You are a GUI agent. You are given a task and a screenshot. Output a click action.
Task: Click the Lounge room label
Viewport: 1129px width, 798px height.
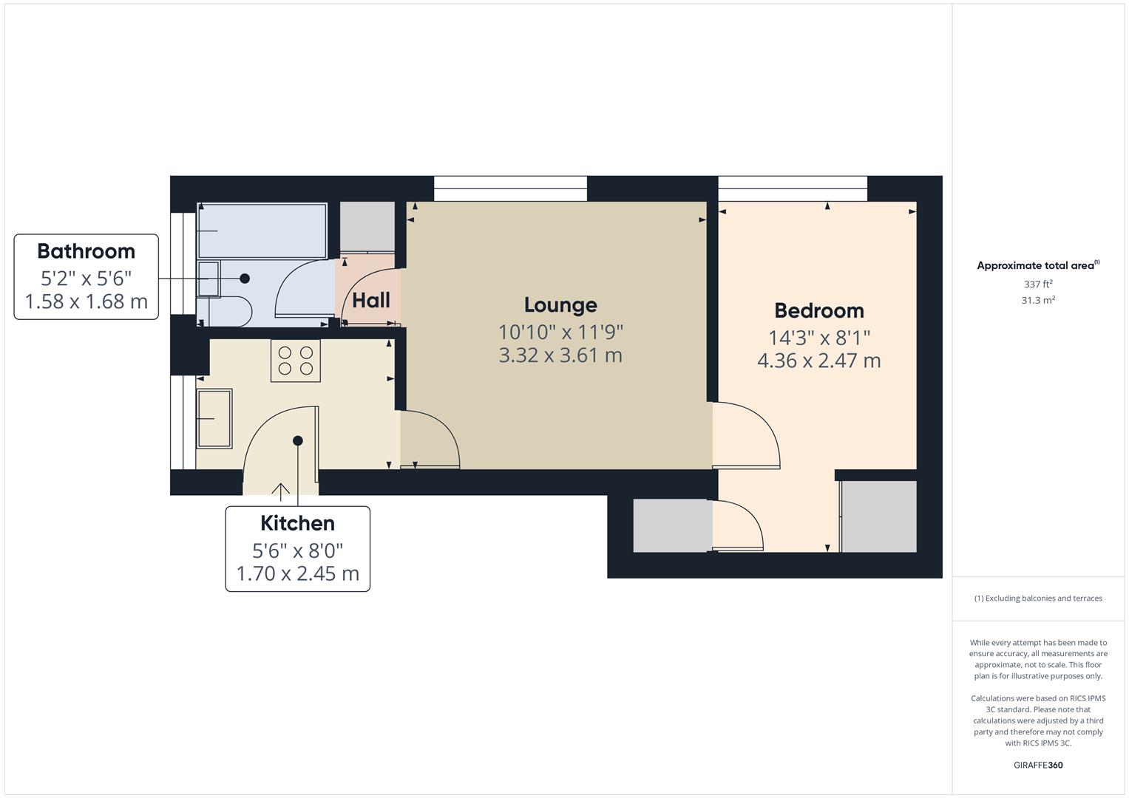560,305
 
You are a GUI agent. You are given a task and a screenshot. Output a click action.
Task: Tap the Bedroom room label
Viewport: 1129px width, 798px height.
818,310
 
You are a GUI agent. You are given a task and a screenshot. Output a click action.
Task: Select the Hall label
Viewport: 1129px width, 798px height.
371,301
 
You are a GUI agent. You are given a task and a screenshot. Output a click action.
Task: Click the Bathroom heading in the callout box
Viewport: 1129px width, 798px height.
86,251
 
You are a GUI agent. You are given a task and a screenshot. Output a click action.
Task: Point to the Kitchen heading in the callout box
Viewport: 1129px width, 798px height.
297,523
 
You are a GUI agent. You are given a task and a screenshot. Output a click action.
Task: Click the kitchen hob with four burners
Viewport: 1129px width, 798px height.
295,361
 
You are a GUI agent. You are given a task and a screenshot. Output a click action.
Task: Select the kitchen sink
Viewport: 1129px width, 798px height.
214,418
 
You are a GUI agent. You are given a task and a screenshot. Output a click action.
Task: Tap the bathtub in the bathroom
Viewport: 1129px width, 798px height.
262,231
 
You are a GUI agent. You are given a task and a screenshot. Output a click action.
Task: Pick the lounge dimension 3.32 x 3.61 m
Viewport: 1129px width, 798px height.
560,355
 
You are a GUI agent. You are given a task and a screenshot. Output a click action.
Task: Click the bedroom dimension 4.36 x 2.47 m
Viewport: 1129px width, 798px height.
818,361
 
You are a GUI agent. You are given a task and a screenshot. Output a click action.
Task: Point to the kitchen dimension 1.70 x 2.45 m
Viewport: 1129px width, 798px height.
297,574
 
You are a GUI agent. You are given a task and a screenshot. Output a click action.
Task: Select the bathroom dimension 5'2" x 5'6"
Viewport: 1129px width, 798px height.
86,279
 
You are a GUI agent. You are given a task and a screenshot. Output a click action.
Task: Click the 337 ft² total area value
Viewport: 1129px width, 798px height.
1038,284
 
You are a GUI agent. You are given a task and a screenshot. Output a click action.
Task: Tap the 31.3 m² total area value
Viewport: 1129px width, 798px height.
1038,301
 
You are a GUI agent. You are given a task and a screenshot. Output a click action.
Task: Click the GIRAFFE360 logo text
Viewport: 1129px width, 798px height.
1038,765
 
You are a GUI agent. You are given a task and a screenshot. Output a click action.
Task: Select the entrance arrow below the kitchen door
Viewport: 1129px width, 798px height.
280,491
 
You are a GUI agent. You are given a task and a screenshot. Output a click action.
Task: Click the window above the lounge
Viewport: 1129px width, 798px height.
510,188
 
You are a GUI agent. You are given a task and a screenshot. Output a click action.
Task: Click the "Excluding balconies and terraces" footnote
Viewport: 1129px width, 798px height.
1038,598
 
